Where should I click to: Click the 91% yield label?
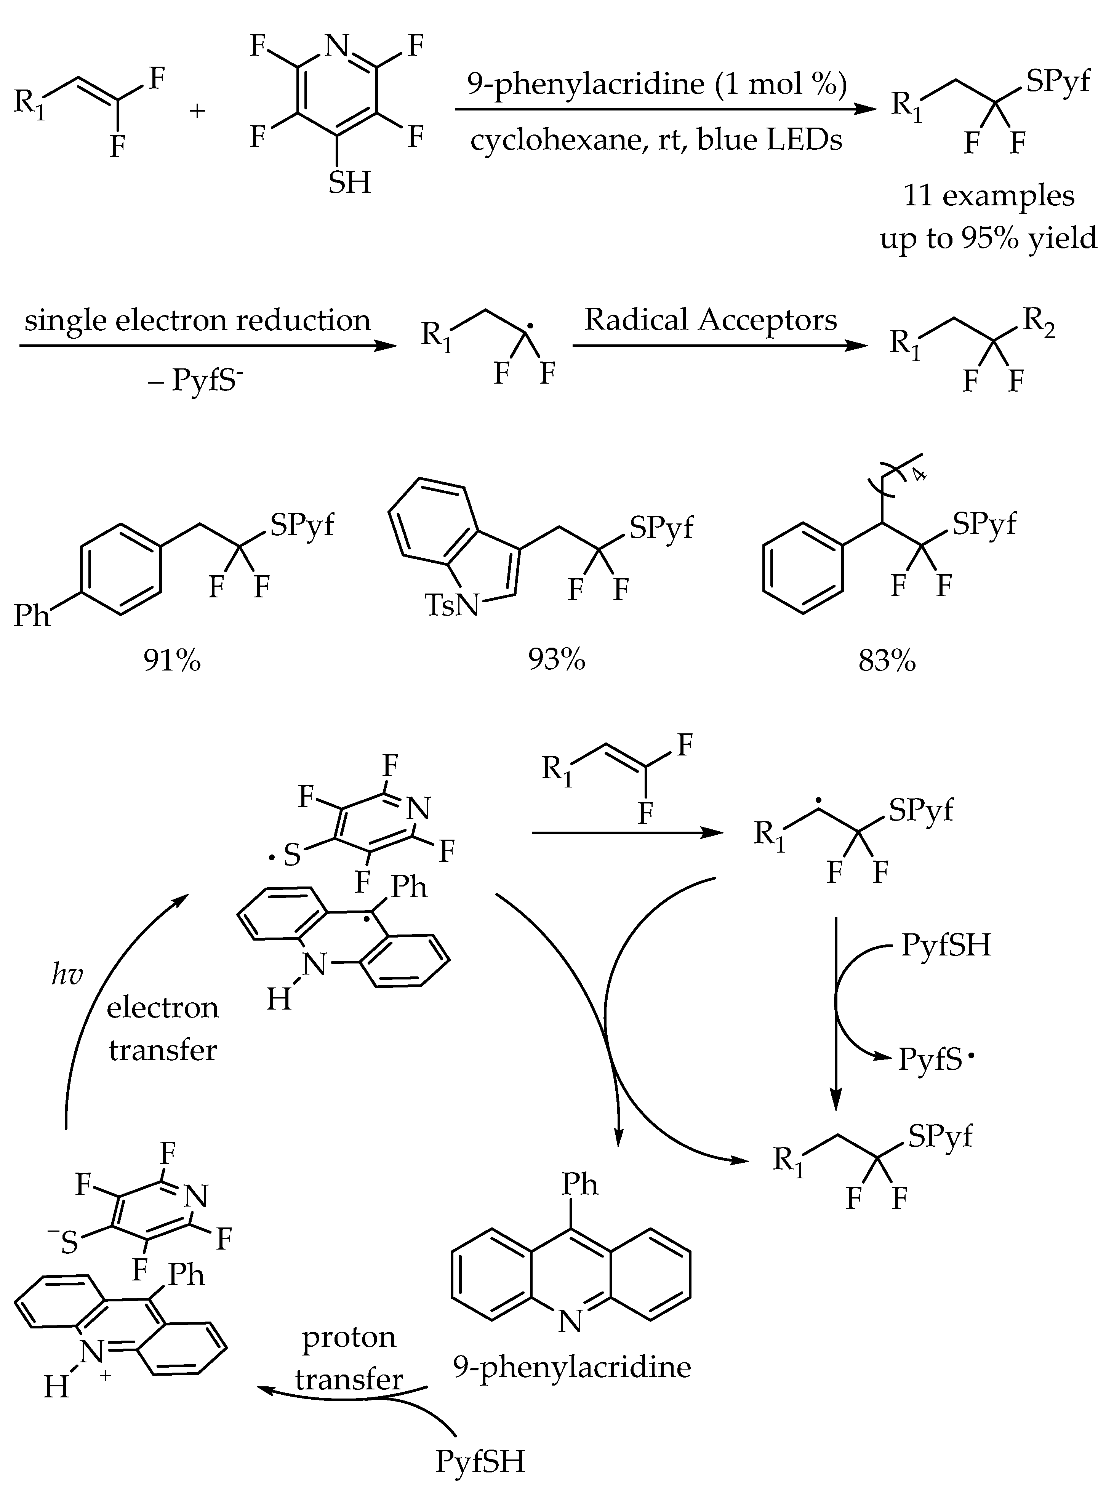[172, 661]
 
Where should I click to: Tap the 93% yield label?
[556, 659]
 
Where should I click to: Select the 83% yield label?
[887, 661]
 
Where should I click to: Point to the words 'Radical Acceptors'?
[710, 320]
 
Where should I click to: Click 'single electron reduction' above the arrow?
[198, 320]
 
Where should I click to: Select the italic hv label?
[67, 975]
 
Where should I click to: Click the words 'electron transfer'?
[163, 1028]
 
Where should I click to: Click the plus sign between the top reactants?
[197, 110]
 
